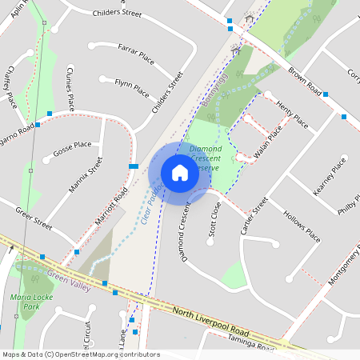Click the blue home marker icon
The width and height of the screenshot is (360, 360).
[180, 173]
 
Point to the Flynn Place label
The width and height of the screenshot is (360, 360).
[134, 82]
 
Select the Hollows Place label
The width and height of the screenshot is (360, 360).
[302, 227]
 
